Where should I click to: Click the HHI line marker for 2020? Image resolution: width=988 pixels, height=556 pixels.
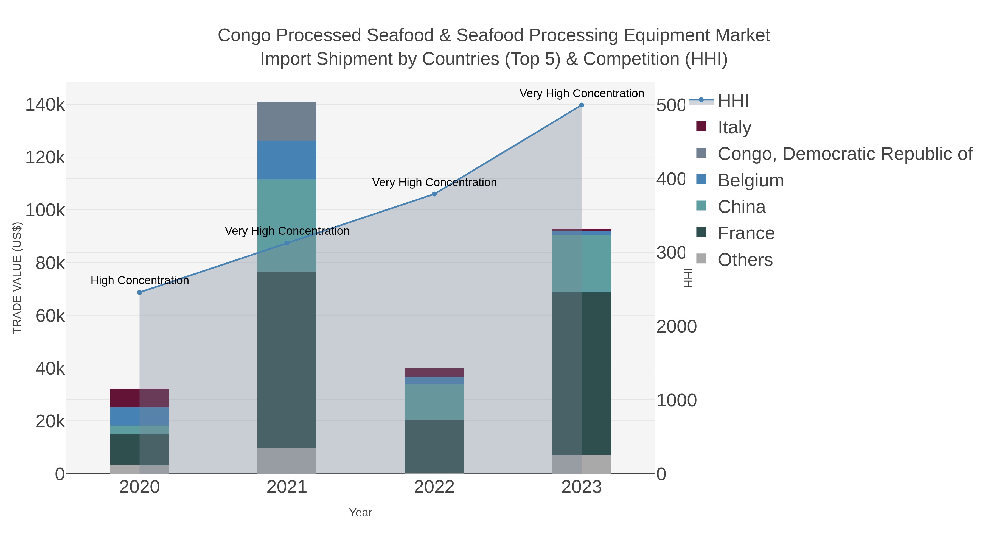click(140, 292)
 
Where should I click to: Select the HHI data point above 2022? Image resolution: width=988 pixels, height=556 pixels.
click(434, 194)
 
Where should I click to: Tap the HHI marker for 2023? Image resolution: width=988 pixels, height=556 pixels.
click(582, 105)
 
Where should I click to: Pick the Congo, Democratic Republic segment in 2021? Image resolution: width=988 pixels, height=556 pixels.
click(287, 121)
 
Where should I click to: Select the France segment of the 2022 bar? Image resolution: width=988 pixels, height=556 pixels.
click(434, 446)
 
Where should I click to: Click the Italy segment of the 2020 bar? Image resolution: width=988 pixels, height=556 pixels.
click(140, 398)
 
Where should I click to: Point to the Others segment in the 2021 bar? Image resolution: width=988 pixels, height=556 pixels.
click(287, 460)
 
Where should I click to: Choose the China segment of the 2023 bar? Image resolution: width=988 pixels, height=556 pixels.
click(582, 264)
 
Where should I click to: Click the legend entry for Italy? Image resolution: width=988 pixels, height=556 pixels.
click(734, 127)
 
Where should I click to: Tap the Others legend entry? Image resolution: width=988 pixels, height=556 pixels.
click(745, 260)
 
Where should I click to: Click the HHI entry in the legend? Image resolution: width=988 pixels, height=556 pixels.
click(732, 101)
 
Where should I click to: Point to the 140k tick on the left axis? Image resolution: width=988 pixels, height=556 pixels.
click(45, 105)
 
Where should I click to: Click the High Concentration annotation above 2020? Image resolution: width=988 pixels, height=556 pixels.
click(140, 281)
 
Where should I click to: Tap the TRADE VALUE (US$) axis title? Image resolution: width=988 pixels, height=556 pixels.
click(17, 278)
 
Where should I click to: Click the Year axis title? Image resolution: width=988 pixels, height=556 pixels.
click(360, 513)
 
